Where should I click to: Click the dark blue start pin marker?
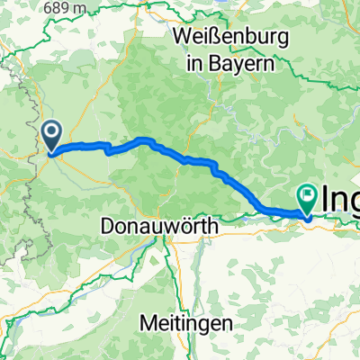click(x=52, y=135)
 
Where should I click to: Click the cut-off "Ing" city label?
click(x=341, y=198)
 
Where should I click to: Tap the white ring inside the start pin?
click(x=52, y=133)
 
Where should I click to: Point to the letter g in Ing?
click(x=354, y=202)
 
